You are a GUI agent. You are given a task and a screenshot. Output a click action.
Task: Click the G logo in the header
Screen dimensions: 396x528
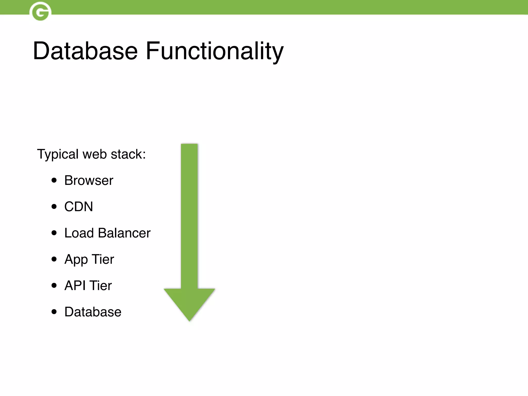(40, 11)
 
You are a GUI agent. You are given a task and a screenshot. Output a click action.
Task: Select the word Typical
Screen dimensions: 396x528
(58, 154)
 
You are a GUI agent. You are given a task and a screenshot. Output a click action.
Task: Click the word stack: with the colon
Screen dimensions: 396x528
(128, 154)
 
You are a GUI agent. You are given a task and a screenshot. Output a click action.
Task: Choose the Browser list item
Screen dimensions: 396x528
(89, 180)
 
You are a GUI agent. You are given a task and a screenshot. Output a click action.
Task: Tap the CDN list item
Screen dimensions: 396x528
(79, 207)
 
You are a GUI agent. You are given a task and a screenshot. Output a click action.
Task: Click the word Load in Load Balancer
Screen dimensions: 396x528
(79, 233)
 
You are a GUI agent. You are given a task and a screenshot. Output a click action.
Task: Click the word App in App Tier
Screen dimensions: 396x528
(76, 259)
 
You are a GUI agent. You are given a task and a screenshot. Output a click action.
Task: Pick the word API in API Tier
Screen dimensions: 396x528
(75, 285)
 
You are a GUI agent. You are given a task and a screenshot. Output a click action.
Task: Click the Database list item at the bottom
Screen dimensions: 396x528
(93, 312)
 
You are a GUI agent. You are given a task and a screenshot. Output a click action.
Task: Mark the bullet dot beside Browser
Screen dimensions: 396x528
(54, 180)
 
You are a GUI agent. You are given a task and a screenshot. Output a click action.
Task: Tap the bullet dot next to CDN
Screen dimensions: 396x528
(54, 207)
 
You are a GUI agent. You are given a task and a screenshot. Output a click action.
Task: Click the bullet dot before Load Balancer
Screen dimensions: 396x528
(54, 233)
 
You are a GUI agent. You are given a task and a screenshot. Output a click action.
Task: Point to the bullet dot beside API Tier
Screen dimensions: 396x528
(54, 285)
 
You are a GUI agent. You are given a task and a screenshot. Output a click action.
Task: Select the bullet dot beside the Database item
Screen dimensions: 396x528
(54, 312)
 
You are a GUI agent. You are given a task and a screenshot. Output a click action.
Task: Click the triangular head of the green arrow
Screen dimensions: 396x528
(189, 302)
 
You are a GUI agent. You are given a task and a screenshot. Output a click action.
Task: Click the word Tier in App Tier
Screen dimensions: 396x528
(103, 259)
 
